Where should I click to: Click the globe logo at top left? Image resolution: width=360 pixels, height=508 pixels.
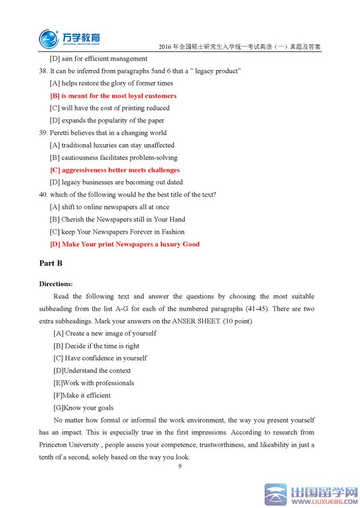(x=49, y=38)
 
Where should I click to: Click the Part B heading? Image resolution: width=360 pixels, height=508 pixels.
(x=51, y=263)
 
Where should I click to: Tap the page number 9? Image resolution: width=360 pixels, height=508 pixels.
(x=179, y=467)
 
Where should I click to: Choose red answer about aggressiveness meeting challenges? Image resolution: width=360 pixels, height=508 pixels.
(x=115, y=170)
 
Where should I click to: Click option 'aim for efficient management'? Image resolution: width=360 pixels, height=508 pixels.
(x=99, y=59)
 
